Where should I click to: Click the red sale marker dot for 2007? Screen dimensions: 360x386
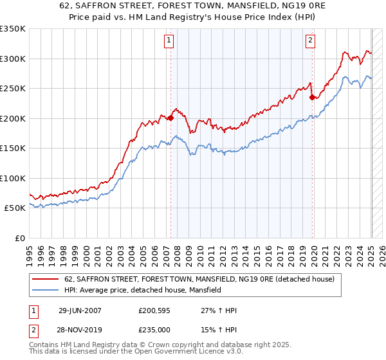(170, 118)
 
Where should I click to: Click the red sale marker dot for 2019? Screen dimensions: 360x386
(312, 98)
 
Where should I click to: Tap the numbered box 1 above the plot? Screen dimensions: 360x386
(169, 40)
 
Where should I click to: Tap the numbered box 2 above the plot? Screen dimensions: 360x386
(310, 40)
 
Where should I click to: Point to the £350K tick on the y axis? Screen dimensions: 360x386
(13, 29)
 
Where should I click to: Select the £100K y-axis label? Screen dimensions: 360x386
(13, 178)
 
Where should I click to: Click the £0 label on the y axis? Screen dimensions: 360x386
(19, 238)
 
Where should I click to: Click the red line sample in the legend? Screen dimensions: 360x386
(46, 280)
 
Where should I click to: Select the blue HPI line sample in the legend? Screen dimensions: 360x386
(46, 291)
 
